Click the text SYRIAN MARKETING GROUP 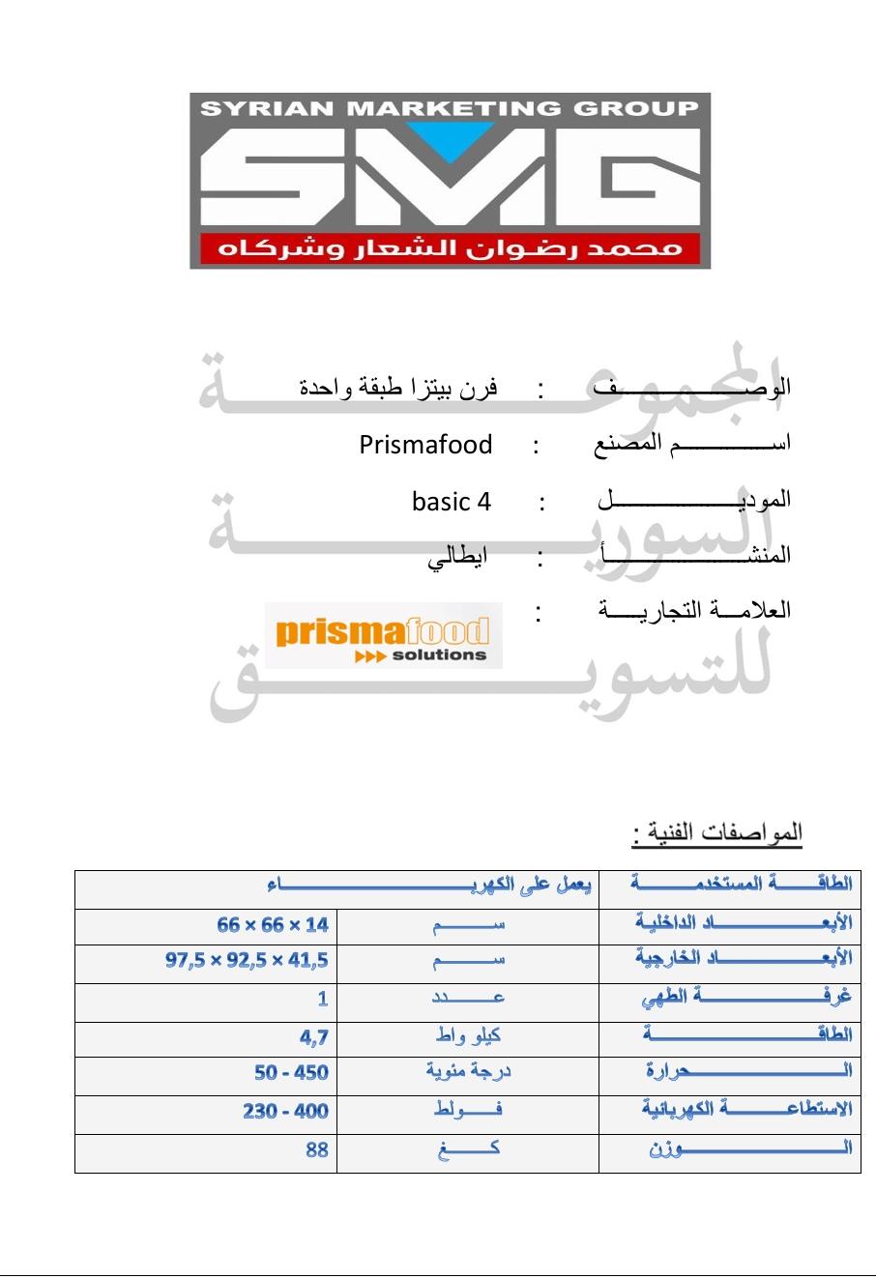[450, 108]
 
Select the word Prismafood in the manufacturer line [425, 445]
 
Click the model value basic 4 [452, 502]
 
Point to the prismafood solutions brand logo [384, 635]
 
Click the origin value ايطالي [458, 556]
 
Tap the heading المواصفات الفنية [717, 832]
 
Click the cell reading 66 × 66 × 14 [273, 925]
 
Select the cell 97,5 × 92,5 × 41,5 [247, 961]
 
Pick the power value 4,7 [314, 1037]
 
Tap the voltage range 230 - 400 [285, 1112]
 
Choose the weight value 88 [317, 1150]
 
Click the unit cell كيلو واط [468, 1036]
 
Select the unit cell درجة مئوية [469, 1072]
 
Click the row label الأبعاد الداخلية [744, 923]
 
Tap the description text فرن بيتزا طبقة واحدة [398, 389]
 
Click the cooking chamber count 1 [323, 999]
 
